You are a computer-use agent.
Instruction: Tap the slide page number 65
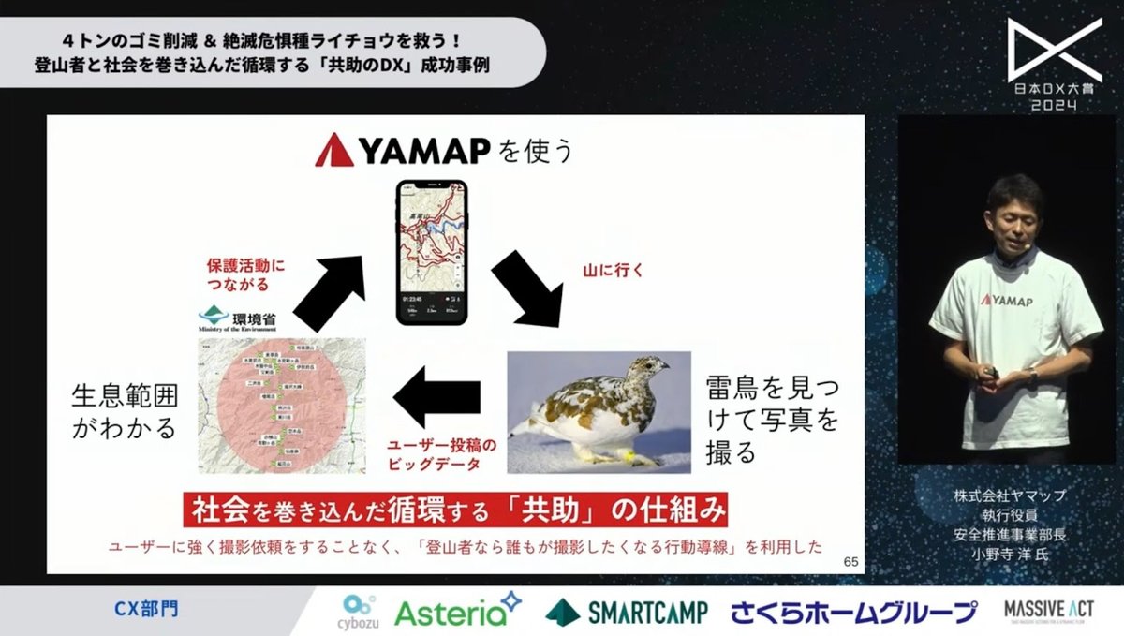pyautogui.click(x=850, y=562)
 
